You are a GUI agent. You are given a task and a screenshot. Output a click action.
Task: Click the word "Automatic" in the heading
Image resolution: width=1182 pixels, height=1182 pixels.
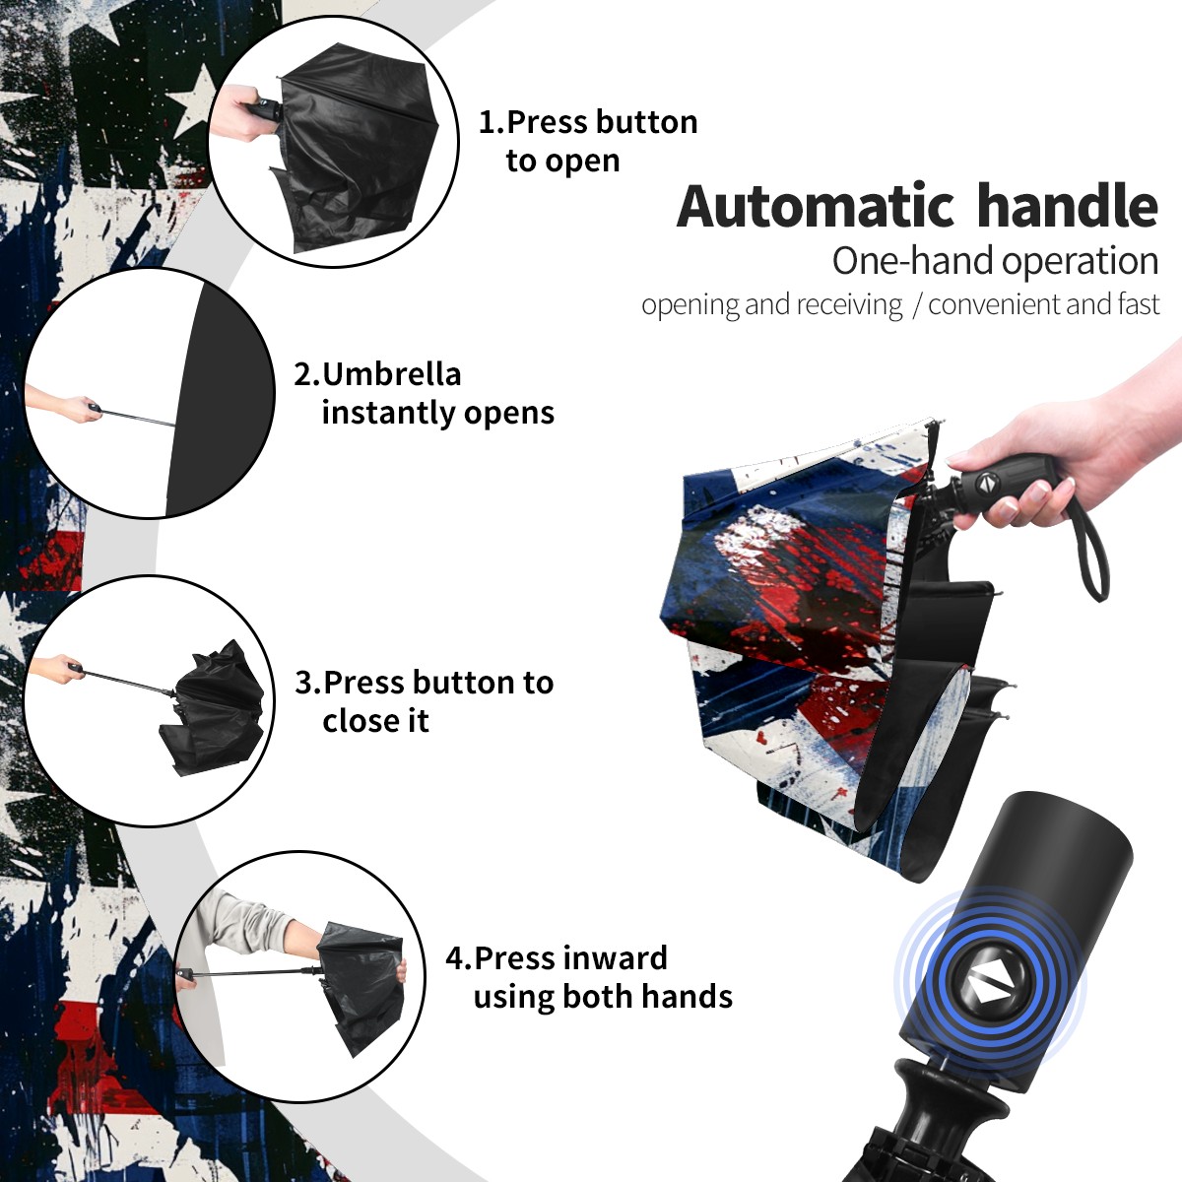click(x=816, y=207)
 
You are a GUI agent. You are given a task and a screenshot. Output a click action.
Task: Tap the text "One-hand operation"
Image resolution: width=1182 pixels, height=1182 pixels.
click(x=995, y=261)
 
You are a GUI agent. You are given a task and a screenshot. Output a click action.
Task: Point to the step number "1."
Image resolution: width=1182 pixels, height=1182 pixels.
click(x=492, y=122)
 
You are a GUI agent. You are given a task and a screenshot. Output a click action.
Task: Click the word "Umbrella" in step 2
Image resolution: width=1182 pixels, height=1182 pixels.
click(x=391, y=374)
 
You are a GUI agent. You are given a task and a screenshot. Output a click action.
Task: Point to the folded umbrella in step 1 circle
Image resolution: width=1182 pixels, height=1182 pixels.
click(x=356, y=147)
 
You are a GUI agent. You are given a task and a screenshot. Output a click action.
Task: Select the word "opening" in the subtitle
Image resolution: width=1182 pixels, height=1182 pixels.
click(x=690, y=305)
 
